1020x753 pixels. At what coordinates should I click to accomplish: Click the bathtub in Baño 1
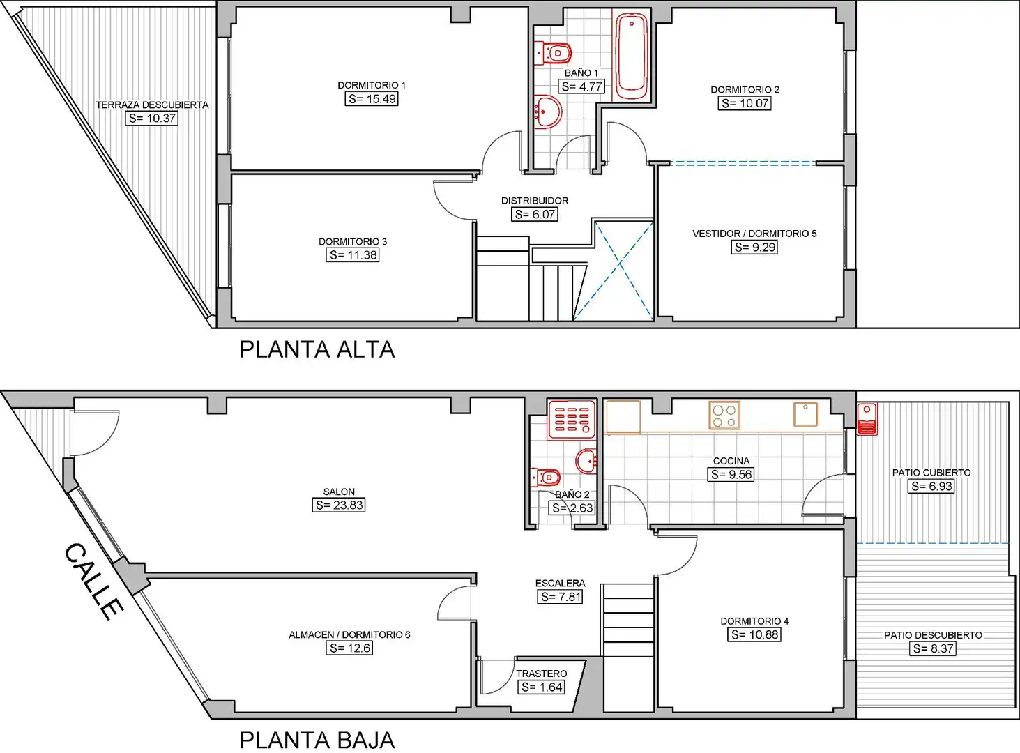tap(632, 56)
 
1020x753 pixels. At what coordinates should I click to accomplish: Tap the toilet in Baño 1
tap(553, 53)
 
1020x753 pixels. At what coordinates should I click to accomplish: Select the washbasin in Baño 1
tap(548, 112)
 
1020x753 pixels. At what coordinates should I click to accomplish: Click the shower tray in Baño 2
tap(571, 419)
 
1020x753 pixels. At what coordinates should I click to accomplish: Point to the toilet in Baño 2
tap(545, 477)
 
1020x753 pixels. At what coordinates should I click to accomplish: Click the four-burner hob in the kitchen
tap(724, 416)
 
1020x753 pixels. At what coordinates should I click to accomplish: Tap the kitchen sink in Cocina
tap(805, 414)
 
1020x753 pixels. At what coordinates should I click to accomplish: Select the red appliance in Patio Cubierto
tap(867, 418)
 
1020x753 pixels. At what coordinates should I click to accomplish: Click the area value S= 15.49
tap(372, 99)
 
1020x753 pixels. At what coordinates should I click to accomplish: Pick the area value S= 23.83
tap(339, 505)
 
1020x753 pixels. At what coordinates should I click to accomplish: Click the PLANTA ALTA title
tap(317, 349)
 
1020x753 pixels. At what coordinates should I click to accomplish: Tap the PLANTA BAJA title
tap(317, 740)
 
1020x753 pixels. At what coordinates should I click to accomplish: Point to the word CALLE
tap(93, 581)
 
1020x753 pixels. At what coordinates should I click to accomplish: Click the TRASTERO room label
tap(541, 674)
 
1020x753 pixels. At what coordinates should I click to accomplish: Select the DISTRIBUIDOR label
tap(534, 201)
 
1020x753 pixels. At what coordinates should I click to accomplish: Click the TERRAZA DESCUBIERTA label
tap(152, 105)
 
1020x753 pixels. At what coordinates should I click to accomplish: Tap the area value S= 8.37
tap(933, 648)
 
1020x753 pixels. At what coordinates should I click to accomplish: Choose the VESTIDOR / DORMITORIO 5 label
tap(754, 234)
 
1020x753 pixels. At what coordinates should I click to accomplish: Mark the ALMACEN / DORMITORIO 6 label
tap(349, 634)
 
